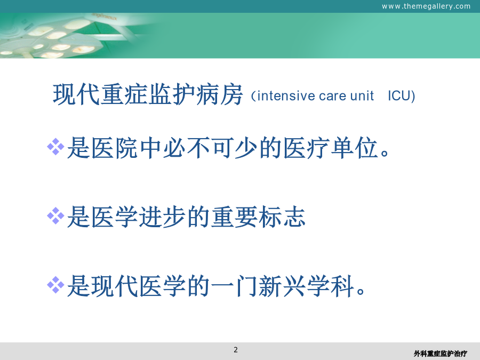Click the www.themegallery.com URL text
click(426, 6)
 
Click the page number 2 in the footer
click(235, 350)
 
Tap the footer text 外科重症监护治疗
click(440, 354)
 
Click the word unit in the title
click(362, 96)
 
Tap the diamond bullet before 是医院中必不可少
click(55, 147)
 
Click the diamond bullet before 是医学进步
click(55, 216)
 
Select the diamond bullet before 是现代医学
click(55, 285)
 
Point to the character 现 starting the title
click(64, 94)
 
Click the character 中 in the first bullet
click(150, 148)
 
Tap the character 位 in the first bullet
click(366, 148)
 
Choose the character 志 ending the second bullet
click(294, 217)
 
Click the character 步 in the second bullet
click(174, 217)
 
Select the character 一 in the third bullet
click(222, 286)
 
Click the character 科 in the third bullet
click(342, 286)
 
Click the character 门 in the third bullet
click(246, 286)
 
